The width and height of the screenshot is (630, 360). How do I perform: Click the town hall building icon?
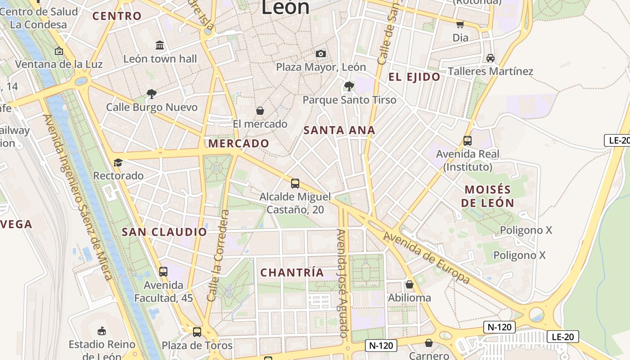coord(160,45)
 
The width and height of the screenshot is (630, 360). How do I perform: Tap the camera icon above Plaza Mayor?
coord(321,54)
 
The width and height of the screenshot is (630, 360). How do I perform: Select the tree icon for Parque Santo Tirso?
coord(349,85)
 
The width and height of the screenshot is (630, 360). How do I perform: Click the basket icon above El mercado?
coord(260,110)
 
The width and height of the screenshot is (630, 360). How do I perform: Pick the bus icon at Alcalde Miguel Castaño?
coord(295,183)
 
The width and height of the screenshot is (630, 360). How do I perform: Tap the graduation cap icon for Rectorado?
coord(118,162)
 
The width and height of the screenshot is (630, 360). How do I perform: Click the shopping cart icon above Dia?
coord(460,24)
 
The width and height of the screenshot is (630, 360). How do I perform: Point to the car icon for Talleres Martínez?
coord(490,58)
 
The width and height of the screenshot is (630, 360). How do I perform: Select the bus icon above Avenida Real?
coord(467,140)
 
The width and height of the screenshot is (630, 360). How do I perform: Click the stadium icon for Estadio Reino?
coord(102,331)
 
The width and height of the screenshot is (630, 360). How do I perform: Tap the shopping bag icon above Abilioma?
coord(409,284)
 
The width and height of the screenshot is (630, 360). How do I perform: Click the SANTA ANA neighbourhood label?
coord(339,130)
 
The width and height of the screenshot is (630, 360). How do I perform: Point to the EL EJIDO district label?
coord(414,77)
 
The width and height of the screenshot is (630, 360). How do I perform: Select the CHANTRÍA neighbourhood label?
coord(292,273)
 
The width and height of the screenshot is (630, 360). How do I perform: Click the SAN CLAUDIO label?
coord(164,232)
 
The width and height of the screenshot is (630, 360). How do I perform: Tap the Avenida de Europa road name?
coord(427,258)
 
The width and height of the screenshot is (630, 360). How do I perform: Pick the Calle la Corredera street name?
coord(219,256)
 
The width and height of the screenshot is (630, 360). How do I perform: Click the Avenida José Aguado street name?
coord(343,283)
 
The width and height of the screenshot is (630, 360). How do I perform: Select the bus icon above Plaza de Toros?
coord(197,332)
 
